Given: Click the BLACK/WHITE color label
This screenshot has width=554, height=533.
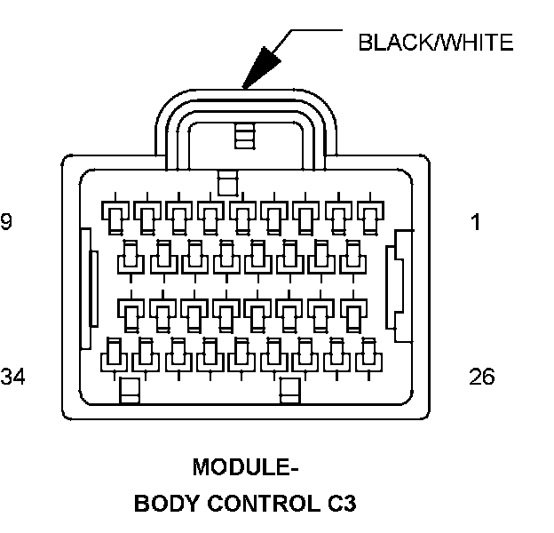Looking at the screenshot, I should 435,43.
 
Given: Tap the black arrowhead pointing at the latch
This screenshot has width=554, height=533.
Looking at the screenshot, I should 262,68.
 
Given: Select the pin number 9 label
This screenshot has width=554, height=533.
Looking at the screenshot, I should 6,222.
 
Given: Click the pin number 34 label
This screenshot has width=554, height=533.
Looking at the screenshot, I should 12,377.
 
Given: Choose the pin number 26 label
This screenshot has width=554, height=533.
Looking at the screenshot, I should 481,377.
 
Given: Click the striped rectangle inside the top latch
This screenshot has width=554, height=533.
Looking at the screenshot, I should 243,135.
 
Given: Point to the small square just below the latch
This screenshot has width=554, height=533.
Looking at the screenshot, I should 227,182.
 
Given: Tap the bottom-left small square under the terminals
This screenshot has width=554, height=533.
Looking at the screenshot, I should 130,389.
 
